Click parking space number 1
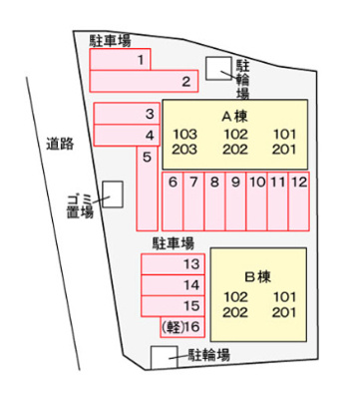coord(143,62)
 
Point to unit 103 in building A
coord(185,135)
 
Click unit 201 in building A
coord(283,151)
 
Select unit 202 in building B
coord(235,312)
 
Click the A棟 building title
coord(234,116)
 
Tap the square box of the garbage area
coord(114,193)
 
